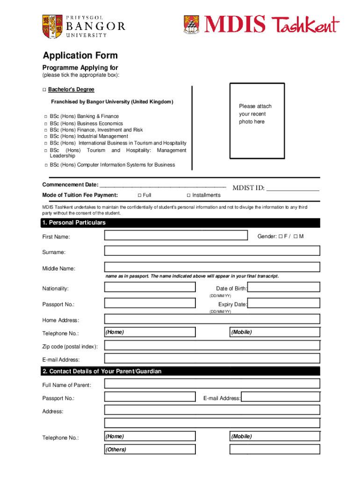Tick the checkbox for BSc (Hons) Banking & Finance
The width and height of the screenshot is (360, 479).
(x=45, y=116)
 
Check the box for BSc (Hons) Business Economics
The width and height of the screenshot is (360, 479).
(x=45, y=123)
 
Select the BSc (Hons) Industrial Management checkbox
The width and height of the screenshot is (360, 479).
(x=45, y=137)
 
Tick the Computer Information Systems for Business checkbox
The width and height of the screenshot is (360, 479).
(x=45, y=165)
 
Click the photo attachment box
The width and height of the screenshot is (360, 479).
(x=257, y=121)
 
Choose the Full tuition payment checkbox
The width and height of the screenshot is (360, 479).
(x=140, y=196)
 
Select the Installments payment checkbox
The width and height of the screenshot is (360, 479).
(x=189, y=196)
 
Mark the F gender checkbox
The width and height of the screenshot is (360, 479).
(x=281, y=236)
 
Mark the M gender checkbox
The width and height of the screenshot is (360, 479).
(x=296, y=236)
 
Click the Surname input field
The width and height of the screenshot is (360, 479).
(x=212, y=251)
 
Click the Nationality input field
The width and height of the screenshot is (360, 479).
(x=150, y=288)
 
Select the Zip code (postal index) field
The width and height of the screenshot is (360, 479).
(x=212, y=345)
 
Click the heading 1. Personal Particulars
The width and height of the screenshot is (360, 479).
(x=74, y=223)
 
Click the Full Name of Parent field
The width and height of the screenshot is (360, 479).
(x=212, y=384)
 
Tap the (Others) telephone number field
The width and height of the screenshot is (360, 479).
(x=150, y=450)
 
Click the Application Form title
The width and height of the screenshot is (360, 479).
(x=80, y=56)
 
